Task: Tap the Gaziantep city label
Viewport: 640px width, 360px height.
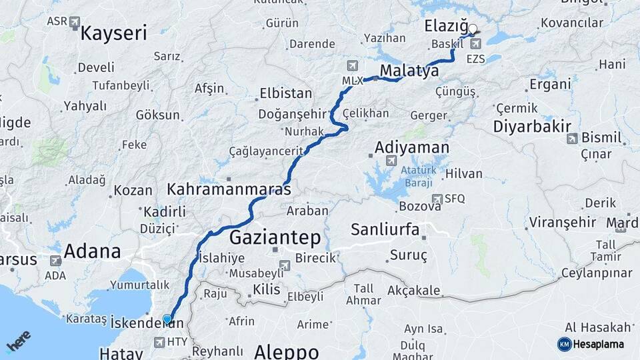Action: coord(275,237)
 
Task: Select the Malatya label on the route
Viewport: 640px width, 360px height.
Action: coord(409,71)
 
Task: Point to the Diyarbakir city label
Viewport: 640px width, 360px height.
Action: coord(533,126)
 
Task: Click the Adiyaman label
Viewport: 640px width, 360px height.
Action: coord(412,147)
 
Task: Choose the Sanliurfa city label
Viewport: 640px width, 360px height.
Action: coord(385,230)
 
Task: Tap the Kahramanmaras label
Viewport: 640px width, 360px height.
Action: coord(229,189)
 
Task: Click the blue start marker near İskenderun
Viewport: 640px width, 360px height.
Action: coord(167,319)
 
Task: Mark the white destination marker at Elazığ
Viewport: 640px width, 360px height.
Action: coord(473,29)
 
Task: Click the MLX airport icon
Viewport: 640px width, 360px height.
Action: coord(352,66)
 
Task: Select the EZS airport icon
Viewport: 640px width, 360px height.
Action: coord(475,44)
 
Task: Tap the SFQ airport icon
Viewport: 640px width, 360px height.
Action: coord(437,198)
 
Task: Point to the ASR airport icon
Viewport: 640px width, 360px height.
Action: coord(74,21)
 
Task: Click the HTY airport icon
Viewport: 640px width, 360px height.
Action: coord(159,342)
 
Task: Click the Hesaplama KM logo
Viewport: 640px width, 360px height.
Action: coord(564,344)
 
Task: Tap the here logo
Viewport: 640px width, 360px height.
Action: coord(18,341)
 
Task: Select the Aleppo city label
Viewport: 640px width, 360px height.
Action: coord(287,351)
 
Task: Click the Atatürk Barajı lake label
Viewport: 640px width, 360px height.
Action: coord(418,175)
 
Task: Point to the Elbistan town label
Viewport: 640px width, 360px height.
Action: coord(285,93)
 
